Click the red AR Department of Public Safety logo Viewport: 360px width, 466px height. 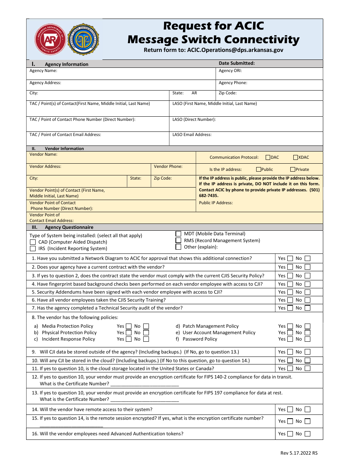tap(50, 40)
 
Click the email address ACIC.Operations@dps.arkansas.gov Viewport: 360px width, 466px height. tap(235, 50)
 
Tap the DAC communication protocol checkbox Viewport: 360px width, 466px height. tap(268, 158)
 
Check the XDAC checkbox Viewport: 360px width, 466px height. tap(296, 158)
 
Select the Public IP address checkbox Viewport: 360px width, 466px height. tap(258, 170)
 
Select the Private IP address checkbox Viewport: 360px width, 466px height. tap(293, 170)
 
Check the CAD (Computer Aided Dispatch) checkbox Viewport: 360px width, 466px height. tap(33, 242)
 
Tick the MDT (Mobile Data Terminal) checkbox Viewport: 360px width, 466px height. tap(178, 234)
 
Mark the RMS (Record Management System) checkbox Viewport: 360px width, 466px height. tap(178, 241)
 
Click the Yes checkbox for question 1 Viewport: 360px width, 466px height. tap(290, 258)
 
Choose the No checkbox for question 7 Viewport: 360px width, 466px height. tap(307, 308)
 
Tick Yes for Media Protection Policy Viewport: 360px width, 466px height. tap(129, 326)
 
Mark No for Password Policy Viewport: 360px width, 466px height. tap(307, 339)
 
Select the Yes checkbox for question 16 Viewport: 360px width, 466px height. tap(290, 434)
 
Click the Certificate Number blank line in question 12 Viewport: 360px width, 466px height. tap(145, 385)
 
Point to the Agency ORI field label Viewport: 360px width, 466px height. tap(230, 71)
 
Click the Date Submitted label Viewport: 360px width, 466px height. tap(236, 64)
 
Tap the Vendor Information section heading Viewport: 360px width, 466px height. tap(64, 149)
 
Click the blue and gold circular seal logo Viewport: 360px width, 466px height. tap(83, 40)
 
